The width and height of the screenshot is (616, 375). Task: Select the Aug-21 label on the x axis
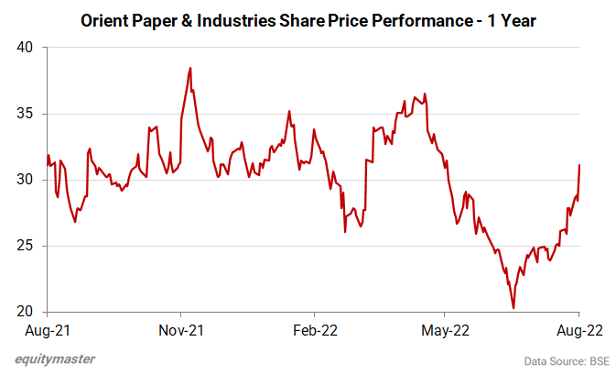click(48, 329)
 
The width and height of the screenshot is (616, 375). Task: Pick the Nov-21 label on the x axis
click(180, 329)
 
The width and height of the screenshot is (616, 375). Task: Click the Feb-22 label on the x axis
click(313, 329)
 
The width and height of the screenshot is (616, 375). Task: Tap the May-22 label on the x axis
click(446, 329)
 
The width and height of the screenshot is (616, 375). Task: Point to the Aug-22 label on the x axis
click(578, 329)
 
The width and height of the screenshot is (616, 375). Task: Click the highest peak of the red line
click(189, 68)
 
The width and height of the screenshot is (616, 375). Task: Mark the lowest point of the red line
click(513, 308)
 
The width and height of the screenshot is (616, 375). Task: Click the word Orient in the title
click(105, 19)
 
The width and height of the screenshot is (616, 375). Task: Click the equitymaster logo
click(55, 359)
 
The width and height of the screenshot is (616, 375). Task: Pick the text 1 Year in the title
click(513, 19)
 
